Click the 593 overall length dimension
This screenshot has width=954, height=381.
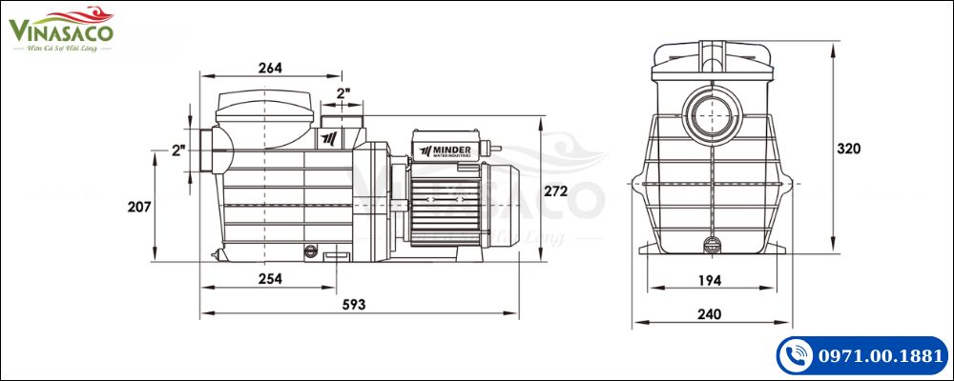click(x=353, y=304)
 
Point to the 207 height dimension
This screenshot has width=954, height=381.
click(x=139, y=205)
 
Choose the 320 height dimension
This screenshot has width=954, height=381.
click(x=848, y=149)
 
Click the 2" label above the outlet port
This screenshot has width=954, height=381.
click(x=343, y=93)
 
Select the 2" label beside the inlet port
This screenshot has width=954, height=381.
click(x=177, y=150)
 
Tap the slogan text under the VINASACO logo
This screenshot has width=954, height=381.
click(x=62, y=50)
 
